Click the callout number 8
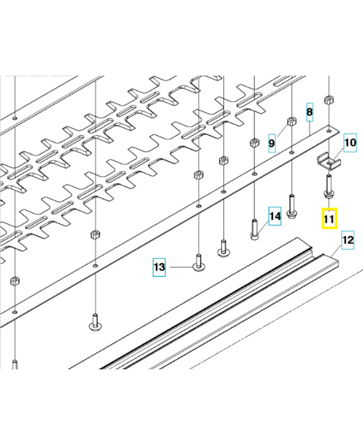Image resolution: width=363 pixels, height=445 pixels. (310, 112)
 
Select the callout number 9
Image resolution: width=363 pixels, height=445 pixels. (272, 144)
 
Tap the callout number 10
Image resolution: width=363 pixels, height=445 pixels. (350, 142)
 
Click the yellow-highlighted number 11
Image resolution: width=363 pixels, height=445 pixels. (329, 219)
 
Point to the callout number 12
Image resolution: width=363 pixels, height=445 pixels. (347, 240)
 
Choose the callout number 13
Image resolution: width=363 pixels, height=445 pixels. (159, 267)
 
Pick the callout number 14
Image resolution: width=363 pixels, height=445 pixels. (275, 216)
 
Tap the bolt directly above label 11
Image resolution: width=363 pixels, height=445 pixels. (329, 186)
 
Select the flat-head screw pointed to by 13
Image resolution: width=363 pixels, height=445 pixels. (199, 263)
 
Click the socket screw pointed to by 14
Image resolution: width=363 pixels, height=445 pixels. (255, 229)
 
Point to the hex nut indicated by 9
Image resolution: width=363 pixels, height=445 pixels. (292, 122)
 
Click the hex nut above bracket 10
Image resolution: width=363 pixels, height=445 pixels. (329, 100)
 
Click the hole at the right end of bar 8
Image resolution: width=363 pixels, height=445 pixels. (329, 131)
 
